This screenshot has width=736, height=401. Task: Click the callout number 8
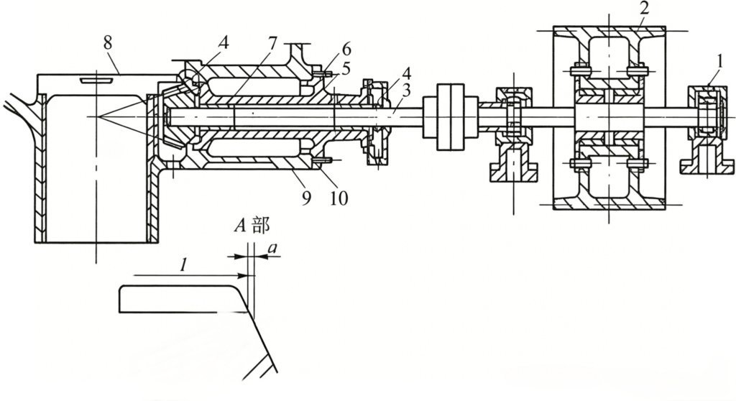click(108, 43)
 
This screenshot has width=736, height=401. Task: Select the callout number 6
click(346, 48)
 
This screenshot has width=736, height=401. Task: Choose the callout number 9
click(306, 198)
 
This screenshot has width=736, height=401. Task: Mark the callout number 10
click(339, 198)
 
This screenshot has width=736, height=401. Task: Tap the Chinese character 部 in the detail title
click(261, 225)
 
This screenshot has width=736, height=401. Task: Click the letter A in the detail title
click(240, 226)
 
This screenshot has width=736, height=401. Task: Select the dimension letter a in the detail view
click(274, 249)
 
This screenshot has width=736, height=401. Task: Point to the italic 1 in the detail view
click(183, 265)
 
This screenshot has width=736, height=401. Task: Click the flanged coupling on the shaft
click(451, 117)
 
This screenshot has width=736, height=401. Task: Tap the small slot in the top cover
click(96, 80)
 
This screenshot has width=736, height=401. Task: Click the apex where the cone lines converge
click(97, 116)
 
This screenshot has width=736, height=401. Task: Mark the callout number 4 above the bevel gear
click(224, 43)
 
